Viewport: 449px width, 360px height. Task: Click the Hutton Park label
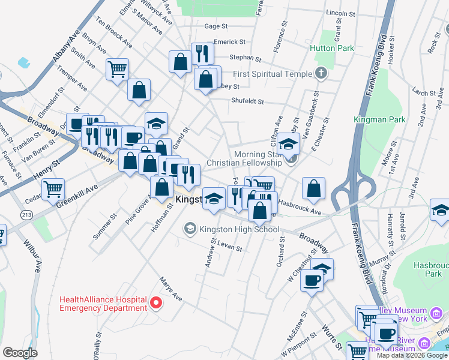click(331, 48)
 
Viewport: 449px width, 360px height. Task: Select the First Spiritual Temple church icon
click(321, 74)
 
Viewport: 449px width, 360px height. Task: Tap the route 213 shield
click(26, 215)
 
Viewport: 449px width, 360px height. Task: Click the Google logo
click(20, 353)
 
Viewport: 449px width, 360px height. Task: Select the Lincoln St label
click(341, 13)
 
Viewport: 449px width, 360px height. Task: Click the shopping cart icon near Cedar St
click(53, 189)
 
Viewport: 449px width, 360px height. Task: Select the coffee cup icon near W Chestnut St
click(311, 280)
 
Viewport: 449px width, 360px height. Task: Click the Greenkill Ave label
click(77, 196)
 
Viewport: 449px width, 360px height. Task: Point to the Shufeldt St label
click(248, 101)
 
